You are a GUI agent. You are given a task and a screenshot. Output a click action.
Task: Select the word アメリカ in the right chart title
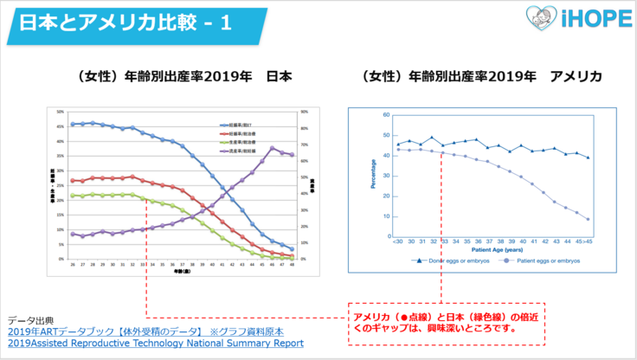pyautogui.click(x=576, y=77)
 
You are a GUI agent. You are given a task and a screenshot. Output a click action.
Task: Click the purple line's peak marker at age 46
pyautogui.click(x=273, y=148)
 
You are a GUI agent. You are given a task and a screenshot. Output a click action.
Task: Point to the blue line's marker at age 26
pyautogui.click(x=72, y=125)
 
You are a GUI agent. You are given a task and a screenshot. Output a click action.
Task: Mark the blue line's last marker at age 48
pyautogui.click(x=292, y=249)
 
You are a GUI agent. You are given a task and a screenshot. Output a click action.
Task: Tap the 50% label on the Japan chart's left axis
pyautogui.click(x=60, y=112)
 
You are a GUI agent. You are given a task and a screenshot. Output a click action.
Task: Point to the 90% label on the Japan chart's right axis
pyautogui.click(x=304, y=112)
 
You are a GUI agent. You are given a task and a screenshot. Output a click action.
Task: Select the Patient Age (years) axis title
pyautogui.click(x=497, y=247)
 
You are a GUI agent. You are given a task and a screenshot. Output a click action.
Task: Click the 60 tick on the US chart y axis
pyautogui.click(x=385, y=114)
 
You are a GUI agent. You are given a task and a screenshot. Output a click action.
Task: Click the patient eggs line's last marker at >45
pyautogui.click(x=588, y=219)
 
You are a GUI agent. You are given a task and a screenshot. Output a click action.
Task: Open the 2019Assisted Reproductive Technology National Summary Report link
pyautogui.click(x=156, y=343)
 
